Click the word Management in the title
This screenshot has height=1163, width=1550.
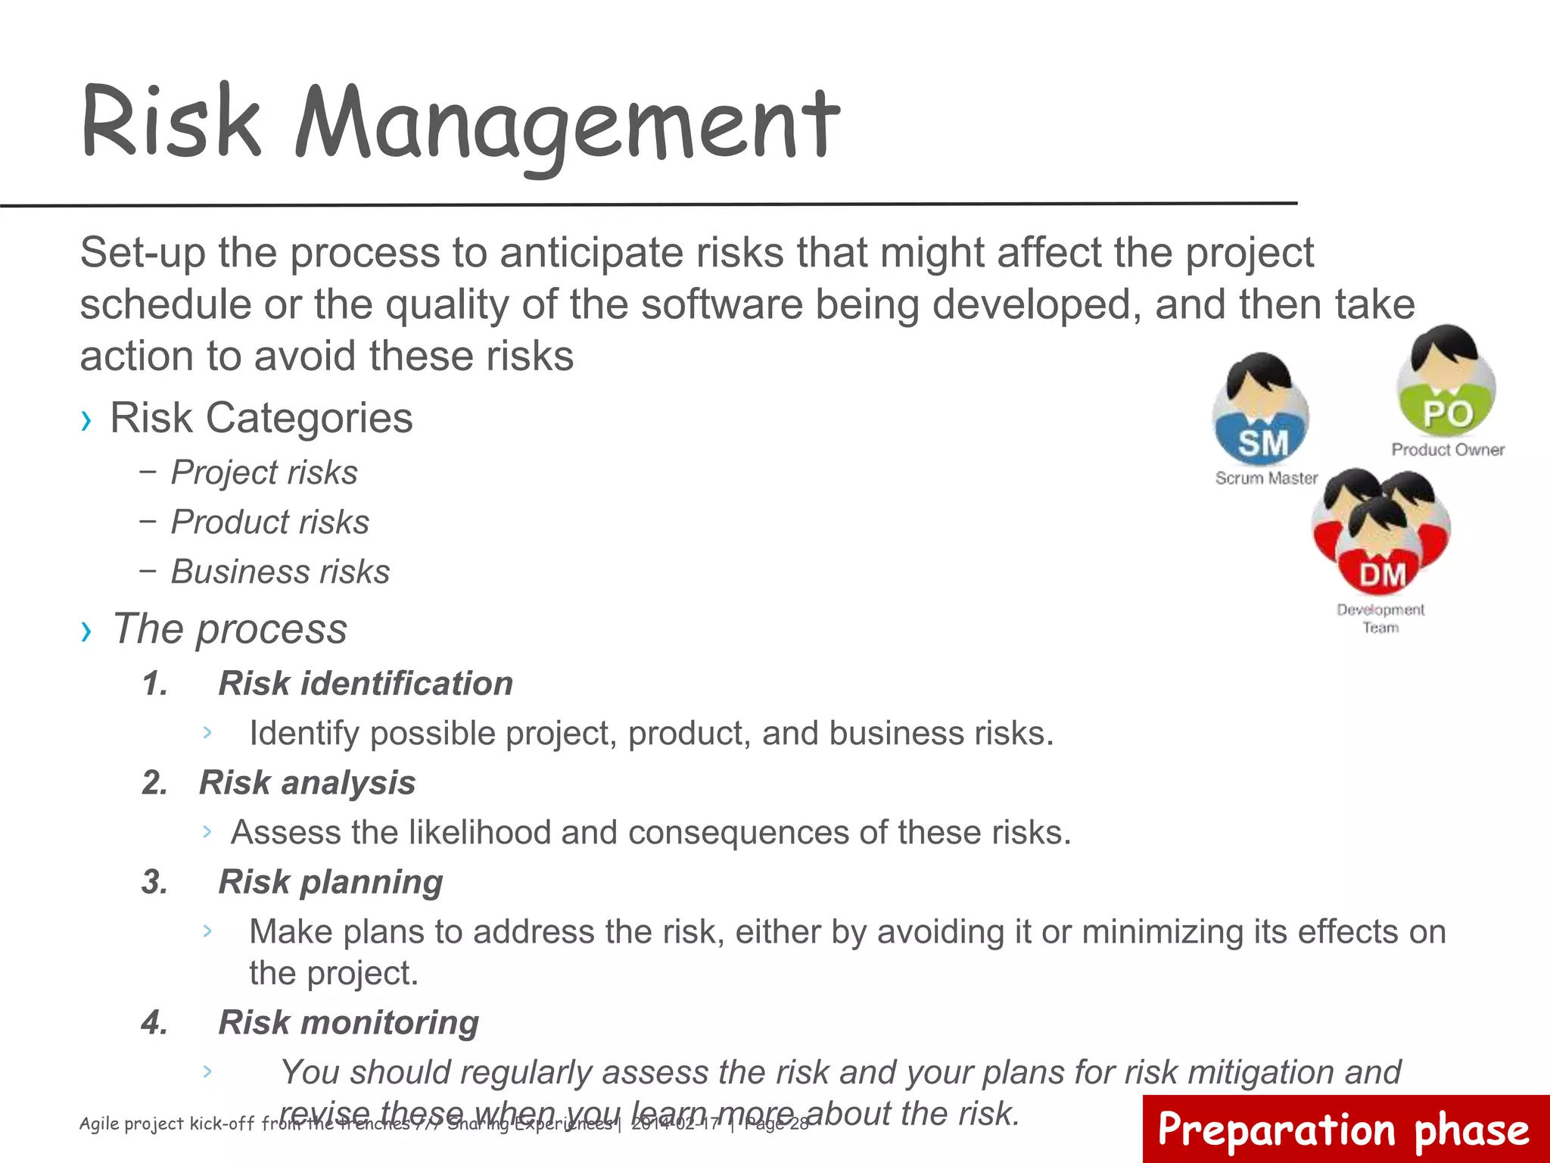(568, 125)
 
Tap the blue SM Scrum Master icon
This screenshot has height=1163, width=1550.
(1262, 413)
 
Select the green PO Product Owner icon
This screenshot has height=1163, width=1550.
(1446, 382)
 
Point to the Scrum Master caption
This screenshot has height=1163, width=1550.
(1266, 479)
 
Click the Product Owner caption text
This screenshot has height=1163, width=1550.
(1447, 450)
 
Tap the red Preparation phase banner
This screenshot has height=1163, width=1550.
(1345, 1129)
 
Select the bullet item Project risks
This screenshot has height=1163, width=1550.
(264, 472)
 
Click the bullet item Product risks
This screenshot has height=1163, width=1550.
(270, 522)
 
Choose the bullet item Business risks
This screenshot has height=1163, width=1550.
(280, 572)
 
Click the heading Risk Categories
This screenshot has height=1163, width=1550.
(261, 418)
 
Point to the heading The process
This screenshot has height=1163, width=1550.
(229, 628)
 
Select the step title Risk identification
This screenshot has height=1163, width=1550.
(366, 684)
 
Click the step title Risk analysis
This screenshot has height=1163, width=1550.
(307, 783)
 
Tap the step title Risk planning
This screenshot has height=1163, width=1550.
(331, 882)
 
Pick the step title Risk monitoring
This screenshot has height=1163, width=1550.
(348, 1023)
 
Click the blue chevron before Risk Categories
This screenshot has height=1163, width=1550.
(86, 420)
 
